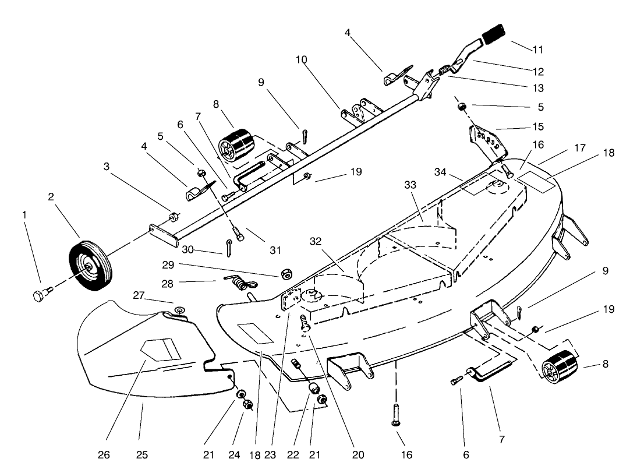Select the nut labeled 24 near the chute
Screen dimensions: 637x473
click(247, 404)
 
